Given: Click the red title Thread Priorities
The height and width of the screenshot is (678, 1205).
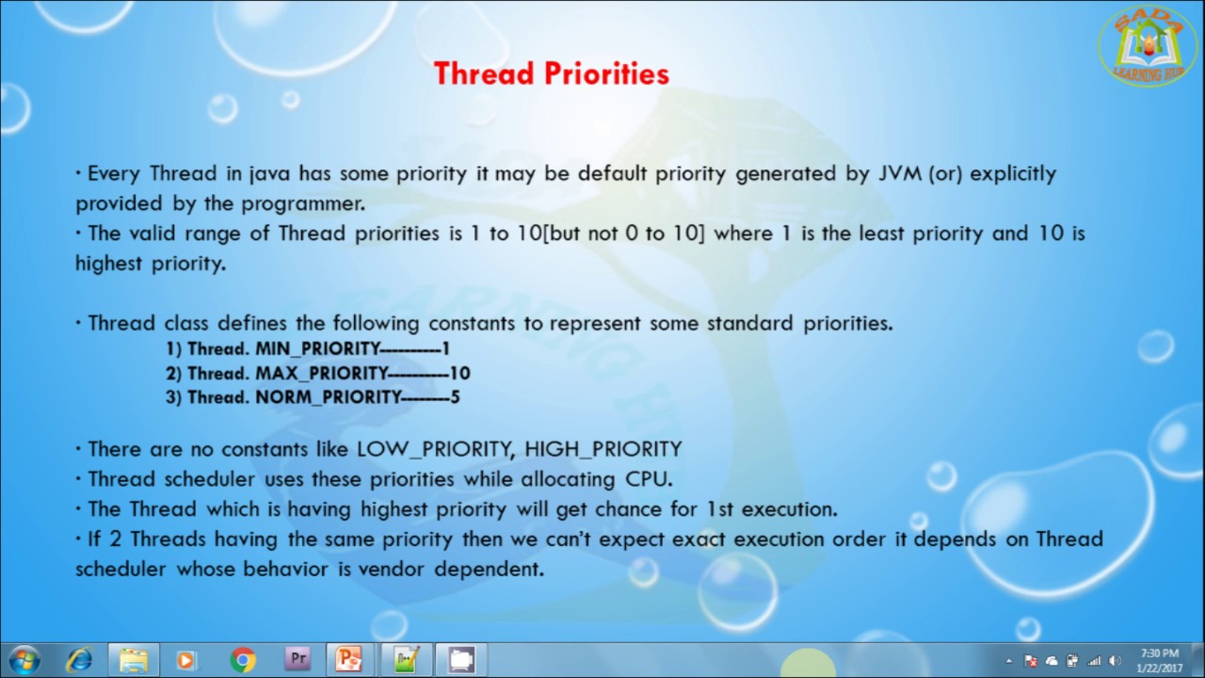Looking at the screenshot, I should (x=551, y=74).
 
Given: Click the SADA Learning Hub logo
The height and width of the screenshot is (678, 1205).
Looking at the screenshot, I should (x=1148, y=45).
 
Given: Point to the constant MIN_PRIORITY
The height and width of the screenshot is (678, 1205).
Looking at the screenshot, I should (x=316, y=349).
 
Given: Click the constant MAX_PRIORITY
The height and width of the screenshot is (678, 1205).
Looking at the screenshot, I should (x=321, y=373).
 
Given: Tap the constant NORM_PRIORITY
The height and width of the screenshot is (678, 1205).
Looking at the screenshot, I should (x=328, y=397).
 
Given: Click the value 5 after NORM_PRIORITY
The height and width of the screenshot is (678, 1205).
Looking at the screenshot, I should (x=455, y=397).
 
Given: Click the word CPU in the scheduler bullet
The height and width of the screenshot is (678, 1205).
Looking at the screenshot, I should (x=648, y=479).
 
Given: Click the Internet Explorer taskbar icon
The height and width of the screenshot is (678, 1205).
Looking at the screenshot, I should (x=79, y=660).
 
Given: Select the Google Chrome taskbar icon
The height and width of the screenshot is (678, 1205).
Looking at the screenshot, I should (x=243, y=660).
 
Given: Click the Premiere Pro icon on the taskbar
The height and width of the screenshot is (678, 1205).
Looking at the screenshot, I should (x=297, y=659).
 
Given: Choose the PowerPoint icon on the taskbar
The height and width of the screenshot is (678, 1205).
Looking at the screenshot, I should (x=350, y=660).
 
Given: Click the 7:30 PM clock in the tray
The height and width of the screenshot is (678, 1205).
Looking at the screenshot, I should (x=1159, y=660).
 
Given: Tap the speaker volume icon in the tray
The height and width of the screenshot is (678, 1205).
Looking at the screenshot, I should (x=1116, y=661).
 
